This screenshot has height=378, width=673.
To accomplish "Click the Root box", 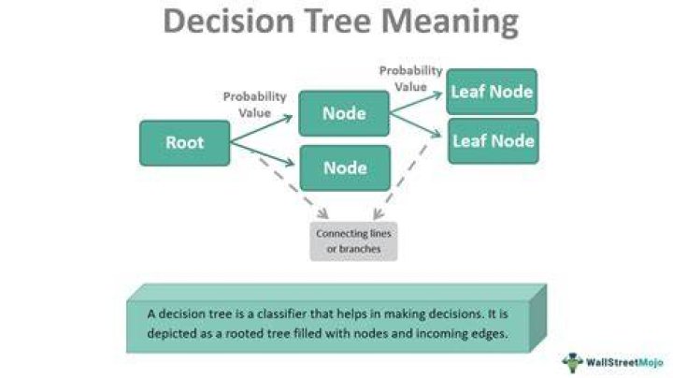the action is click(x=184, y=143).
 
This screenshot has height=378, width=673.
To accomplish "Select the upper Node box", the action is click(x=344, y=113).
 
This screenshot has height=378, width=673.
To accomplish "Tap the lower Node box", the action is click(x=345, y=168).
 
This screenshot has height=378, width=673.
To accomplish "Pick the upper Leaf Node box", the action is click(x=492, y=92).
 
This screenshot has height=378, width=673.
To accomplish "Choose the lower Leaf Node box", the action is click(x=494, y=141).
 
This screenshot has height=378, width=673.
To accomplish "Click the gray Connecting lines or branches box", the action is click(x=353, y=241).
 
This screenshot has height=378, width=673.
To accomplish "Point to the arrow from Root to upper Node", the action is click(x=262, y=128).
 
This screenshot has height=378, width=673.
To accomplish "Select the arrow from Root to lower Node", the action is click(x=263, y=153).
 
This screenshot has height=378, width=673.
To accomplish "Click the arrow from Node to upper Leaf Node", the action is click(x=416, y=102).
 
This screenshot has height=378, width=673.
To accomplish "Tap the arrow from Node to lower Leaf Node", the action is click(x=415, y=125).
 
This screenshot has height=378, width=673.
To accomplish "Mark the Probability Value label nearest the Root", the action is click(x=254, y=105).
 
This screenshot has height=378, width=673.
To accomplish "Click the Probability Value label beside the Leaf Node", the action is click(x=410, y=79).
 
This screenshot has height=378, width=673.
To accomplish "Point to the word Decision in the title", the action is click(x=228, y=21).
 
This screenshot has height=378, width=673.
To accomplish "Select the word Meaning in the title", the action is click(x=450, y=22).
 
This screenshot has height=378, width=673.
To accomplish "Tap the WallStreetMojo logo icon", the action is click(x=572, y=362).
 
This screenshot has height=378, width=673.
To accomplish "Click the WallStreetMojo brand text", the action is click(x=624, y=363).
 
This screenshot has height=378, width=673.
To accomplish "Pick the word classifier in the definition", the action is click(x=281, y=314).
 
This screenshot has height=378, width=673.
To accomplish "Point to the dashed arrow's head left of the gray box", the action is click(x=322, y=213).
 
